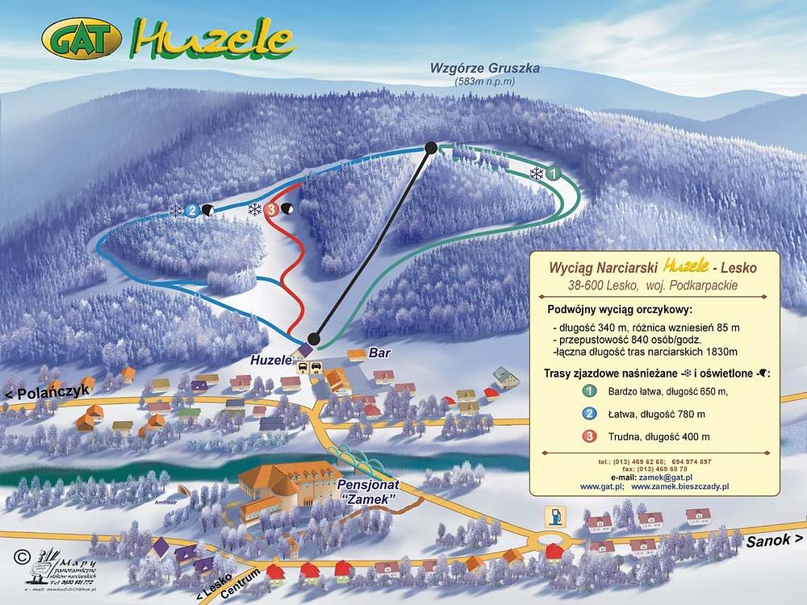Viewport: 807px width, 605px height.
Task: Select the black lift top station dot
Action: (431, 148)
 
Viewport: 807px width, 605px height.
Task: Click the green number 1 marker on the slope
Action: (553, 173)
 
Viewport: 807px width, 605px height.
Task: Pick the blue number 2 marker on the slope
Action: (191, 211)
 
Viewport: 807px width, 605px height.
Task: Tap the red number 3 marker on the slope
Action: (271, 209)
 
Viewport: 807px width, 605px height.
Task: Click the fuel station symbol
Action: (554, 514)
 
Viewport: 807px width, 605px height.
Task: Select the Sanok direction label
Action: (774, 540)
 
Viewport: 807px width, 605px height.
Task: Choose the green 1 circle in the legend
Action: (590, 391)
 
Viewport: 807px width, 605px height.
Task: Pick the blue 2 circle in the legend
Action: (590, 414)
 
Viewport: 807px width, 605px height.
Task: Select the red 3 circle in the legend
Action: (590, 436)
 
